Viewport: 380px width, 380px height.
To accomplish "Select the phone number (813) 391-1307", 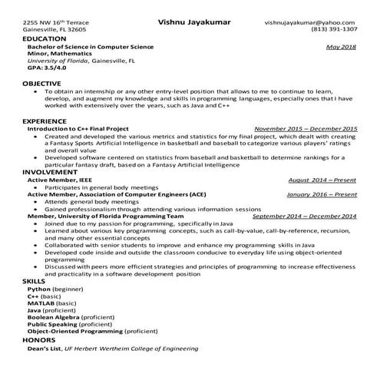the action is (334, 30).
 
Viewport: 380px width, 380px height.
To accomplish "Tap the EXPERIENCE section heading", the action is (45, 121).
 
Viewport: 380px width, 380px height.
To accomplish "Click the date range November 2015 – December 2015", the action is (306, 129).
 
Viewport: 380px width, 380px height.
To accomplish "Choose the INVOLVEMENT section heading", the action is (48, 173).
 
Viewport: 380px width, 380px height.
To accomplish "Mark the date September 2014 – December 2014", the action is (305, 216).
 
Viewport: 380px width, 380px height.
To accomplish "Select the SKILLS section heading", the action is (34, 283).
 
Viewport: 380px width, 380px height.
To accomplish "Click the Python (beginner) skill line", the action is (55, 289).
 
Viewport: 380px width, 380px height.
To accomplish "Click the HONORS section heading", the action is (39, 339).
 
